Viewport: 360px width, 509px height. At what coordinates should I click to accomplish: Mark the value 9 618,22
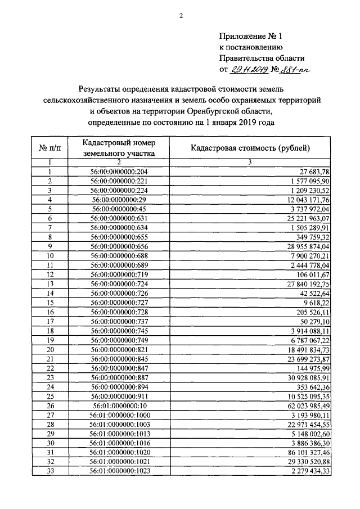(315, 303)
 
